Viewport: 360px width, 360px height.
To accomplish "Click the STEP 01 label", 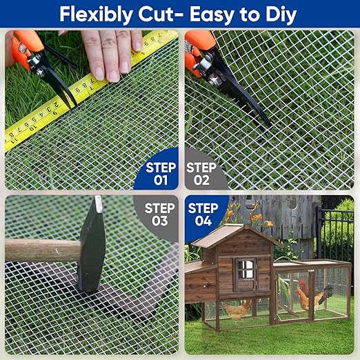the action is pyautogui.click(x=161, y=174).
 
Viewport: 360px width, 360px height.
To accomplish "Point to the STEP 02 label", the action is pyautogui.click(x=201, y=174).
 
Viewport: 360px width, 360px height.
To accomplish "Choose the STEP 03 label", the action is pyautogui.click(x=159, y=214).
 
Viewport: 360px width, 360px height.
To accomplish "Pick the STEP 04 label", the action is pyautogui.click(x=203, y=214).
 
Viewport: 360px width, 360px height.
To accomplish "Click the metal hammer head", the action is pyautogui.click(x=91, y=243).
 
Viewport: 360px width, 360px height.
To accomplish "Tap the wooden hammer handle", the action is pyautogui.click(x=43, y=250).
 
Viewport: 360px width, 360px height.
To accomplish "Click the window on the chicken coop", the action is pyautogui.click(x=246, y=274).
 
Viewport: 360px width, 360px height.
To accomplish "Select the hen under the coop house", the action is pyautogui.click(x=237, y=310).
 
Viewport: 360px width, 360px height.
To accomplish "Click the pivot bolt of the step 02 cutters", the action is pyautogui.click(x=214, y=78).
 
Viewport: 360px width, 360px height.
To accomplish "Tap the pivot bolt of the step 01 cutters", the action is pyautogui.click(x=40, y=71).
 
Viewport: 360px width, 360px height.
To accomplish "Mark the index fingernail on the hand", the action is pyautogui.click(x=99, y=72).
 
